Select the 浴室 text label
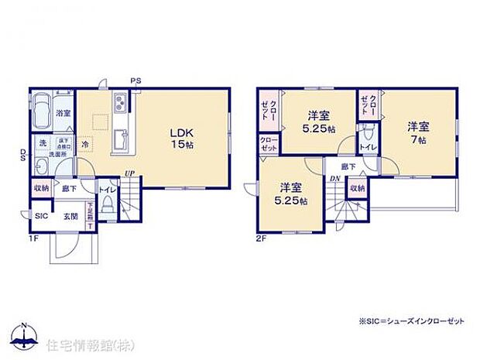point(64,113)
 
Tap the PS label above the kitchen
point(135,79)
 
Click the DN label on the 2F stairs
point(334,178)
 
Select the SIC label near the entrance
point(41,216)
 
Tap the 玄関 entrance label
point(68,216)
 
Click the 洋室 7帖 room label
point(418,132)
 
